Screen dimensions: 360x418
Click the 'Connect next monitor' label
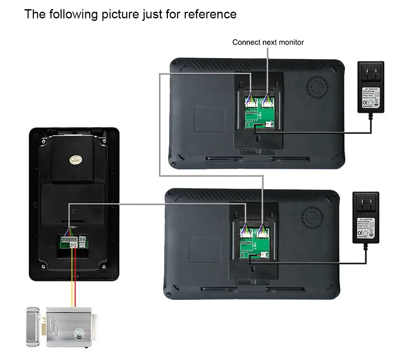point(268,42)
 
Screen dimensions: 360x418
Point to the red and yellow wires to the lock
point(75,276)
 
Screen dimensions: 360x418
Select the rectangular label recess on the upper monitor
point(208,120)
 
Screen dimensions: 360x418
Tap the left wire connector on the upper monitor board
point(250,99)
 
